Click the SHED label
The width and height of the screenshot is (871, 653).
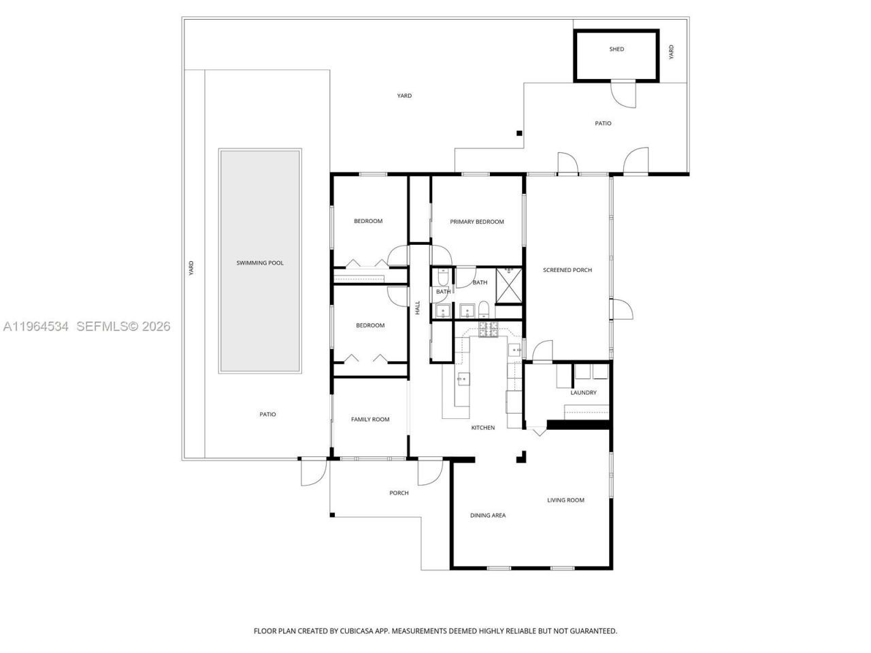point(617,49)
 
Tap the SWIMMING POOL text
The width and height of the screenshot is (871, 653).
point(260,263)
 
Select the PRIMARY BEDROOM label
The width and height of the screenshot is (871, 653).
point(477,222)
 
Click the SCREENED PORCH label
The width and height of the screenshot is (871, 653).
point(567,270)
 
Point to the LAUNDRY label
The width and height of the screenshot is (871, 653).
point(583,392)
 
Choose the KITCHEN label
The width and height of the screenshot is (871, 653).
point(483,428)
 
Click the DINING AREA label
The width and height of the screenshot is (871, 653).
point(488,515)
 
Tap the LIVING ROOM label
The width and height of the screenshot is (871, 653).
point(565,500)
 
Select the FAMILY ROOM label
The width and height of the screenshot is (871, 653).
point(370,419)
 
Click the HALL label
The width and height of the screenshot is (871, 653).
point(418,307)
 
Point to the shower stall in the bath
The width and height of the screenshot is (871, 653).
point(508,285)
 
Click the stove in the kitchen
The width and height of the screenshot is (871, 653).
point(489,331)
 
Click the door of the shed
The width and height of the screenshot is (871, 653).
point(624,94)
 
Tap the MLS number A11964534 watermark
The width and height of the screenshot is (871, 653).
point(36,326)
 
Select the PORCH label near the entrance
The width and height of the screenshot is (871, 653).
point(399,493)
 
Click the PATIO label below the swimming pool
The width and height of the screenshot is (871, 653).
point(267,414)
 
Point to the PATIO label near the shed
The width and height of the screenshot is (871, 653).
point(603,123)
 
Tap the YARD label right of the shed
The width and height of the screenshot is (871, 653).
point(671,52)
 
